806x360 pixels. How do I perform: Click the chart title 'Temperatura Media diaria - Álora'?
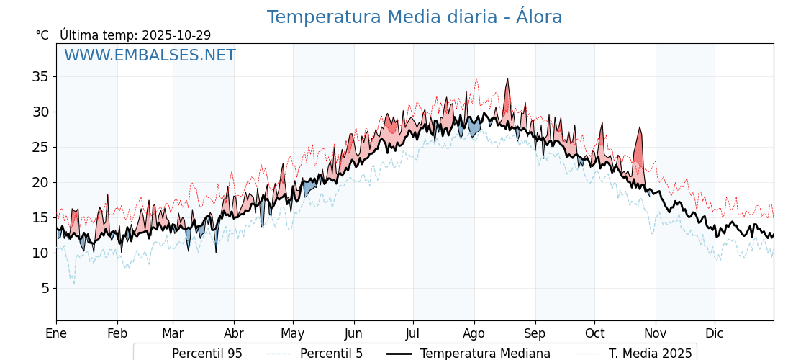[x=414, y=17]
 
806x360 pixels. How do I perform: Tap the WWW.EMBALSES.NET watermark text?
[x=150, y=55]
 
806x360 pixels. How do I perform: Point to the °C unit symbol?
[x=42, y=35]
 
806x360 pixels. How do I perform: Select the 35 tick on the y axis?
[x=40, y=76]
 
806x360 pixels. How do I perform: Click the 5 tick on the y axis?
[x=44, y=288]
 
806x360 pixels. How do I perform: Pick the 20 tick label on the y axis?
[x=40, y=182]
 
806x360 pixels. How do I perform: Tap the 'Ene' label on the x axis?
[x=56, y=333]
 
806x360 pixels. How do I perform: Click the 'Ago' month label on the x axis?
[x=474, y=333]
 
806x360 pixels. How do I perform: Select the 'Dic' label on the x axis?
[x=714, y=333]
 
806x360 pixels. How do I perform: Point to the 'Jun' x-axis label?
[x=353, y=333]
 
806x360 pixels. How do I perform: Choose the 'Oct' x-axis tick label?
[x=594, y=333]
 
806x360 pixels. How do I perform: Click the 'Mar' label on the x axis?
[x=173, y=333]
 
